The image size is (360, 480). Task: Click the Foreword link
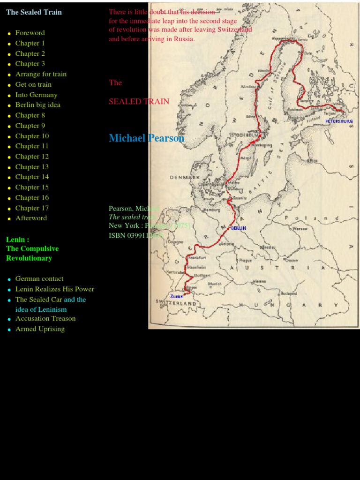pyautogui.click(x=30, y=33)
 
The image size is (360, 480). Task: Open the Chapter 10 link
pyautogui.click(x=32, y=136)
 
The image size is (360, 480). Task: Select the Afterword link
pyautogui.click(x=31, y=218)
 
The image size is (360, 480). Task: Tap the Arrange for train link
pyautogui.click(x=41, y=74)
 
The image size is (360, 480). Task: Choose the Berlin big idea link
pyautogui.click(x=37, y=105)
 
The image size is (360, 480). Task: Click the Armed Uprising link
pyautogui.click(x=40, y=329)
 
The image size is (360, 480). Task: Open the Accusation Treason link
pyautogui.click(x=45, y=319)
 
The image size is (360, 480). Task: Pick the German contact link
pyautogui.click(x=39, y=279)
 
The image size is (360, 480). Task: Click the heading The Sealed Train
pyautogui.click(x=34, y=12)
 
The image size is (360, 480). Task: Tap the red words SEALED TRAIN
pyautogui.click(x=139, y=101)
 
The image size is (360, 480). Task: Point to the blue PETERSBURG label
pyautogui.click(x=339, y=121)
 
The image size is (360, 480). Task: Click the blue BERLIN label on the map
pyautogui.click(x=238, y=228)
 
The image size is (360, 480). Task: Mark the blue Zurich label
pyautogui.click(x=176, y=296)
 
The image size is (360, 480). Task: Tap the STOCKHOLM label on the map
pyautogui.click(x=244, y=135)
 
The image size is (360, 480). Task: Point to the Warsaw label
pyautogui.click(x=300, y=229)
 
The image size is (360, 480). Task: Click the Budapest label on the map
pyautogui.click(x=289, y=293)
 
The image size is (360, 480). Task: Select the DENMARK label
pyautogui.click(x=185, y=178)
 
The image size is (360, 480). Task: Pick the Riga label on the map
pyautogui.click(x=313, y=161)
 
